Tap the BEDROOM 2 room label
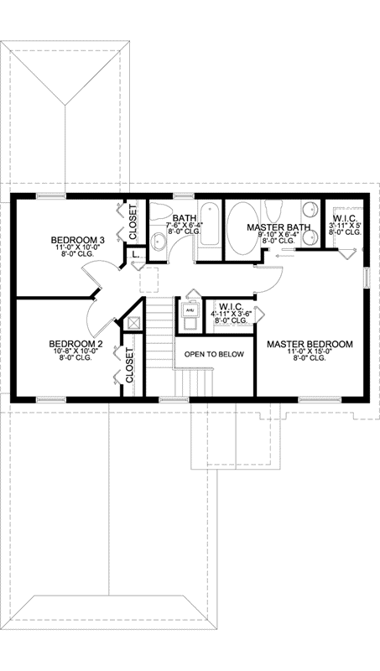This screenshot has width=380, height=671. (x=75, y=343)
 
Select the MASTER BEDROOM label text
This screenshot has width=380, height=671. (x=310, y=344)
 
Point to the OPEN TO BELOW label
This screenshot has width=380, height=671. (x=215, y=354)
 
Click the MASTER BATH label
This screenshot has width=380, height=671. (x=279, y=227)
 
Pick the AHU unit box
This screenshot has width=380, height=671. (x=190, y=309)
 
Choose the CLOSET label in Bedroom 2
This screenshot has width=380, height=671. (x=131, y=367)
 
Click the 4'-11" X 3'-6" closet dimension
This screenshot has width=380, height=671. (x=230, y=313)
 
